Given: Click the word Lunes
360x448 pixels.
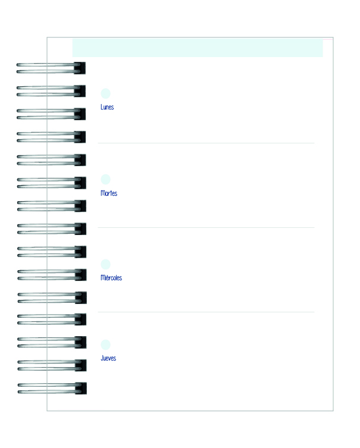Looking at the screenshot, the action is click(x=107, y=107).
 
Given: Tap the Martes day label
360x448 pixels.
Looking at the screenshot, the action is click(x=109, y=193).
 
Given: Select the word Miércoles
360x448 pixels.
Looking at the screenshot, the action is click(x=111, y=278).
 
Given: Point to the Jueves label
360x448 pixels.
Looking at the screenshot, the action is click(x=108, y=358).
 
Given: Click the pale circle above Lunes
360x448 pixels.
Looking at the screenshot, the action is click(x=105, y=93).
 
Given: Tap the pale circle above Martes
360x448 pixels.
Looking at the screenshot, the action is click(x=105, y=180).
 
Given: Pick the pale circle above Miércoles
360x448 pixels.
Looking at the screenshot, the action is click(x=105, y=264).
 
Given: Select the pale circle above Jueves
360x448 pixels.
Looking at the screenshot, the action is click(x=105, y=345).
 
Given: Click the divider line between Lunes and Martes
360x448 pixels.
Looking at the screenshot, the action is click(x=206, y=143).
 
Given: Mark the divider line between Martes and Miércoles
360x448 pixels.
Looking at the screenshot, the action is click(x=206, y=227).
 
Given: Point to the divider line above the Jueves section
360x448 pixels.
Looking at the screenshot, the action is click(x=206, y=312).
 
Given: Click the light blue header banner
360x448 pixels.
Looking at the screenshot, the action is click(x=198, y=48).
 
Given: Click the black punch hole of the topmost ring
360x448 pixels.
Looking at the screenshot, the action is click(x=80, y=68).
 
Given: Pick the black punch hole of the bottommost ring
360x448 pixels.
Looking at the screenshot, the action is click(x=82, y=389).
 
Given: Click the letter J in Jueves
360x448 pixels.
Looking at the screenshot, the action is click(x=102, y=358).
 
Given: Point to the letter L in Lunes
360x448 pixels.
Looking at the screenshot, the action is click(x=102, y=107).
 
